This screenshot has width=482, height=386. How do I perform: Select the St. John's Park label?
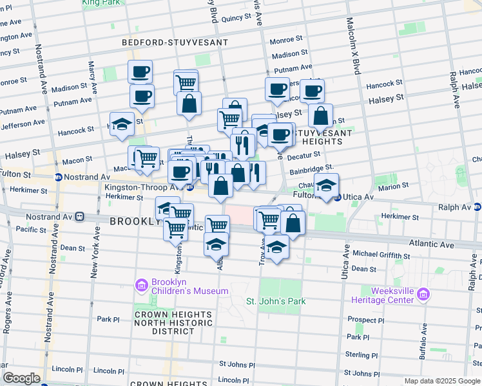(x=275, y=301)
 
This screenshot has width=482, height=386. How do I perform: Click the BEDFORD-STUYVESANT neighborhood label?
(x=175, y=42)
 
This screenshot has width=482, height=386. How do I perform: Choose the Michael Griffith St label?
(x=380, y=256)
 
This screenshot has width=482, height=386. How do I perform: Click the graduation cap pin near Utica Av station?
(x=326, y=185)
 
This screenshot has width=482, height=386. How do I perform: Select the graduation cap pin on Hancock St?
(x=121, y=125)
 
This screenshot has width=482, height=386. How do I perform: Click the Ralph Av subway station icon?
(x=477, y=207)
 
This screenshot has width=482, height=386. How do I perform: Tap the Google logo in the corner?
(x=21, y=378)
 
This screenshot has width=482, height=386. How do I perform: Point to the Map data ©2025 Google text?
(x=442, y=381)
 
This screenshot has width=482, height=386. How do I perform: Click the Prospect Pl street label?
(x=365, y=320)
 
